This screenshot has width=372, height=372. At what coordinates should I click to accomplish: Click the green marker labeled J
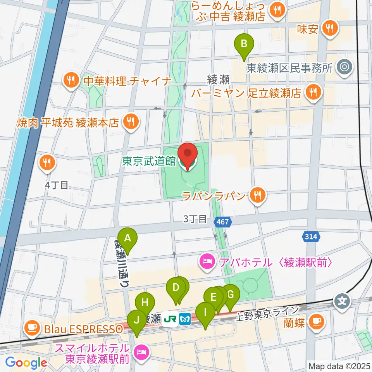point(136,320)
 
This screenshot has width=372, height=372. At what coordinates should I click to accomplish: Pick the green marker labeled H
point(145,303)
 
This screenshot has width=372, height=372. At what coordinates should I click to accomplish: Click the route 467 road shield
point(223,222)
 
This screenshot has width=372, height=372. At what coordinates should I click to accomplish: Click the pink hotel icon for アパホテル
point(207,262)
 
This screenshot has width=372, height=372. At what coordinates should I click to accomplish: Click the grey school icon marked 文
point(342,300)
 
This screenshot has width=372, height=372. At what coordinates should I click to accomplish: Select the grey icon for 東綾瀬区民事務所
point(344,67)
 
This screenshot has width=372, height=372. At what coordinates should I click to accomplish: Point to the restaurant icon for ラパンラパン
point(257,195)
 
